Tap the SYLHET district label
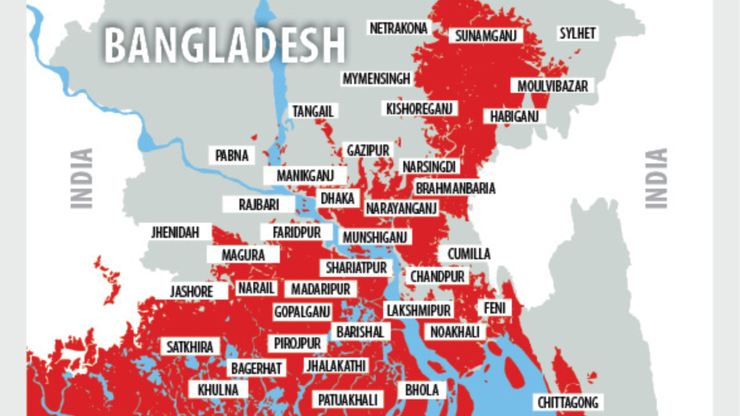(x=578, y=34)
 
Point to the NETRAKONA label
(x=398, y=28)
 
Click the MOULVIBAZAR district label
(x=553, y=86)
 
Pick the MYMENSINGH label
(x=376, y=79)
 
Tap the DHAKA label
(x=338, y=199)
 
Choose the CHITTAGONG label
(x=567, y=402)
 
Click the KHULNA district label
(x=218, y=390)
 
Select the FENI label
(x=496, y=308)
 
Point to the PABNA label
(x=231, y=156)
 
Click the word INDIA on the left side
(x=82, y=179)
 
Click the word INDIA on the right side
(x=657, y=179)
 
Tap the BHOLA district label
(x=422, y=390)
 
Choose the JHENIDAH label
(x=175, y=233)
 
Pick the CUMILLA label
(x=469, y=254)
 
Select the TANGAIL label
(x=313, y=111)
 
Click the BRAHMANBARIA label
(x=456, y=188)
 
